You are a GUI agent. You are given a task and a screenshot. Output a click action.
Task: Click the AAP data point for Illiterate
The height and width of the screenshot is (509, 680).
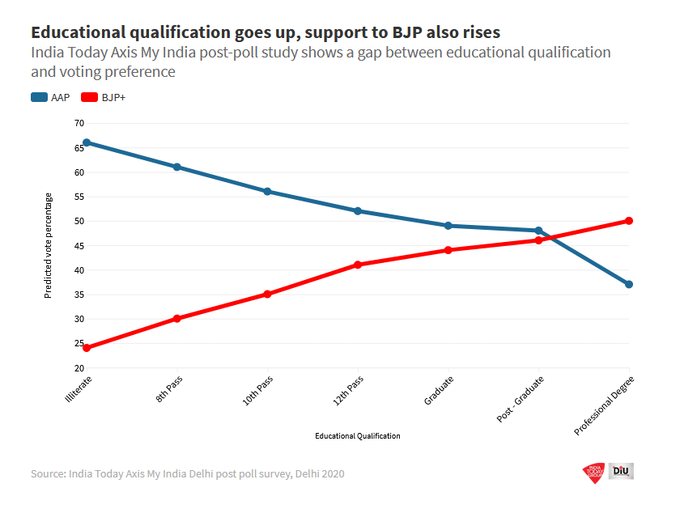coord(86,142)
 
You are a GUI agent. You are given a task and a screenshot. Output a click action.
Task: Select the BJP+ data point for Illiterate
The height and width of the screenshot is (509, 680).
coord(86,348)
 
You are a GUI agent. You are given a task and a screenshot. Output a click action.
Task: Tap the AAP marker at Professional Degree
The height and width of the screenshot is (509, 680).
coord(629,284)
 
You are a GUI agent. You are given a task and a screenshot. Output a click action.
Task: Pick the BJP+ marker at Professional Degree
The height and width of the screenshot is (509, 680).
coord(629,221)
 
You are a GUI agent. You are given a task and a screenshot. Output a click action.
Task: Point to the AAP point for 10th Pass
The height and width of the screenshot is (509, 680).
coord(267,191)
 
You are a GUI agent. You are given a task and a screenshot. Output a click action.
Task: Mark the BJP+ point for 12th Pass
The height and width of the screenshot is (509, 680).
coord(357,265)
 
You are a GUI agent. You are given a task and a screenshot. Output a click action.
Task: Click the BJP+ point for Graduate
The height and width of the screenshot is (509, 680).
coord(448,250)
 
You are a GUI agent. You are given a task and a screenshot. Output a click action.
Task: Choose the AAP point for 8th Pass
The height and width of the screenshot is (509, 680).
coord(176,167)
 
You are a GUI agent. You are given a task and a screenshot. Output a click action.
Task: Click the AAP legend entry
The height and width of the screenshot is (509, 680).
coord(50,98)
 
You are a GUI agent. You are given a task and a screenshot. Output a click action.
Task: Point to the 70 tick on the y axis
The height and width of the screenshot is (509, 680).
coord(79,123)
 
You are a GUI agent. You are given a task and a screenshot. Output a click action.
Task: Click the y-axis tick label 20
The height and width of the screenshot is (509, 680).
coord(79,367)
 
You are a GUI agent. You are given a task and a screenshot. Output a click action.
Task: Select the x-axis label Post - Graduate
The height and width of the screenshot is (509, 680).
coord(521,399)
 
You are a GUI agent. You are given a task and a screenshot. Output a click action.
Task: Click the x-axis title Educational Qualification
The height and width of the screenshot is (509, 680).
coord(357,436)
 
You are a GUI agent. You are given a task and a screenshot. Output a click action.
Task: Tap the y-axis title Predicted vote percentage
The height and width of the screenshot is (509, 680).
coord(48,245)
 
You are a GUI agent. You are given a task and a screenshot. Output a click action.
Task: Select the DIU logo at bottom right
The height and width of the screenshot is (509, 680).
coord(621,471)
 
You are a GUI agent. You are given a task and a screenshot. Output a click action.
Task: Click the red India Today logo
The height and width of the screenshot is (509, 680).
coord(593,472)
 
